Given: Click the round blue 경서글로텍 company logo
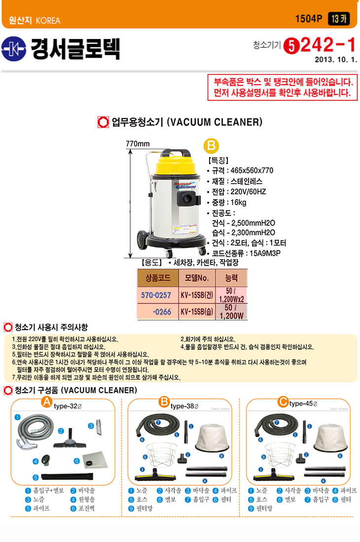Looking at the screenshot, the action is pos(14,49).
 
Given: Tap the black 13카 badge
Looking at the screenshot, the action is pos(339,19).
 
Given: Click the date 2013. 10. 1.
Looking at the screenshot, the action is pos(335,60).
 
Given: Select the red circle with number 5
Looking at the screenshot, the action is pos(291,46).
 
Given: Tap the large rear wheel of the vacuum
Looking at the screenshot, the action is pos(142,239).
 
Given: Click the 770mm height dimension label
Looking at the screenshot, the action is pos(138,143).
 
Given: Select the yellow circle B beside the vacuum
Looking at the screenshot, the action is pos(211,146).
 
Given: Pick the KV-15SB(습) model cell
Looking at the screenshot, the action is pos(197,312).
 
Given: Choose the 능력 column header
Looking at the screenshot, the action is pos(231,277).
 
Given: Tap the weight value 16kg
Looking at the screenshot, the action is pos(238,202).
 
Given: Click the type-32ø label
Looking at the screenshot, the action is pos(68,406).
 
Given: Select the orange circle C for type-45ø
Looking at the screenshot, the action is pos(283,402).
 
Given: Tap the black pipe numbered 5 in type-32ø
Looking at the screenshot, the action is pos(67,476).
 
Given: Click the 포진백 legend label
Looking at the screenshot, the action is pos(86,508).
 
